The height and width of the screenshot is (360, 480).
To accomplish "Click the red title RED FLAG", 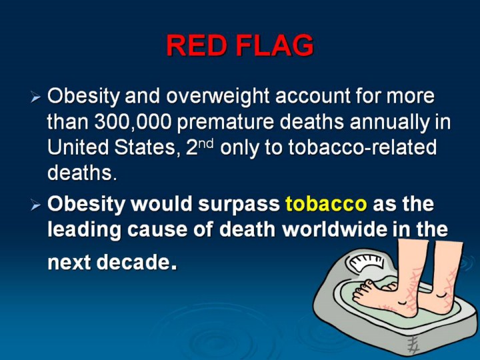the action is [240, 45].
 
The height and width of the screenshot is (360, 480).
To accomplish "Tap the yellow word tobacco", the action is [326, 203].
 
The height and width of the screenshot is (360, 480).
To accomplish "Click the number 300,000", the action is [133, 122].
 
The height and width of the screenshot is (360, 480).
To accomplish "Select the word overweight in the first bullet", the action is [217, 97].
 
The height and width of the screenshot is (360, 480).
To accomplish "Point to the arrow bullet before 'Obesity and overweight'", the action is [36, 98].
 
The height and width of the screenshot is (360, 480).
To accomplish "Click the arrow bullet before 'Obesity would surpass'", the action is [36, 205].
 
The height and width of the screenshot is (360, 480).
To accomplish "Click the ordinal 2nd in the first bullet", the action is [199, 147].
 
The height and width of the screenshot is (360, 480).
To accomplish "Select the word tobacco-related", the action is [363, 147].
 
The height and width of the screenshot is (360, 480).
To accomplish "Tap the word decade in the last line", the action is [133, 262].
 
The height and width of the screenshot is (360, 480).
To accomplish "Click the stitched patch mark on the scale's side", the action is [413, 344].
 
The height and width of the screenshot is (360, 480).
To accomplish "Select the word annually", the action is [390, 123].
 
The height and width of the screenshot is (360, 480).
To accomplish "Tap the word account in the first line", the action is [313, 96].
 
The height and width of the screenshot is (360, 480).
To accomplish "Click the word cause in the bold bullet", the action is [157, 229].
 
